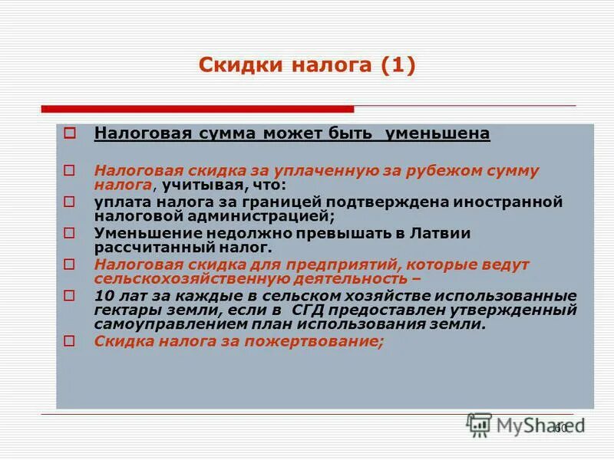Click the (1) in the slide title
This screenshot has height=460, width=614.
click(396, 66)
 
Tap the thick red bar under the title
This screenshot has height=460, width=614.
click(197, 109)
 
